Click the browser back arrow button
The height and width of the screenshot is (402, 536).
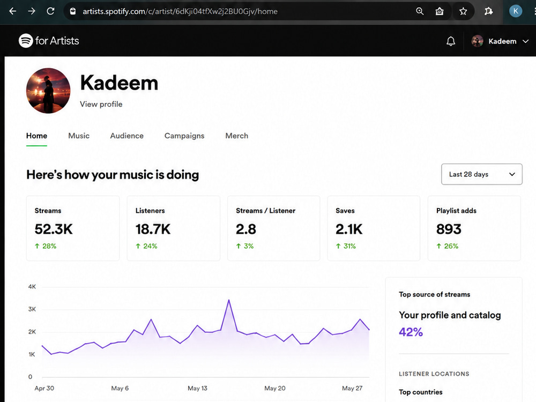[13, 11]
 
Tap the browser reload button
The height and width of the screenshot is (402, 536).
[50, 11]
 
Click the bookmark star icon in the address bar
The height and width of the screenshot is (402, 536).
[463, 12]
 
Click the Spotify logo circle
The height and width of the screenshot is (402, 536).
[26, 41]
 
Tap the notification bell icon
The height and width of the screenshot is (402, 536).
[451, 41]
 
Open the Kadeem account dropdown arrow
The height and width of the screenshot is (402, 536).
[526, 41]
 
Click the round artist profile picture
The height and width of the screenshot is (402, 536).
[48, 91]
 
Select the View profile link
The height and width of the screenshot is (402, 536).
[101, 105]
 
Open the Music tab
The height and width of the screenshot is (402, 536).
[79, 136]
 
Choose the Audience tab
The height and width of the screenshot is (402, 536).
[127, 136]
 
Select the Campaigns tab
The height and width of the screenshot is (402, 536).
[184, 136]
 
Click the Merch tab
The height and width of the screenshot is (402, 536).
[236, 136]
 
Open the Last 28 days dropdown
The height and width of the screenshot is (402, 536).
[482, 174]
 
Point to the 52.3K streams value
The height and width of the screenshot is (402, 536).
[54, 229]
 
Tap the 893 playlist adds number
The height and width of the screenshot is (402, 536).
[449, 229]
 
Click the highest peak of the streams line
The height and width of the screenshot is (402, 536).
[229, 300]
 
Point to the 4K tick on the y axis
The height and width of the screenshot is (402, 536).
[32, 286]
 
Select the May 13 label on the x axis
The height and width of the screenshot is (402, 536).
[197, 388]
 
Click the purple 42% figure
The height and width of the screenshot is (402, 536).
[411, 332]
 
